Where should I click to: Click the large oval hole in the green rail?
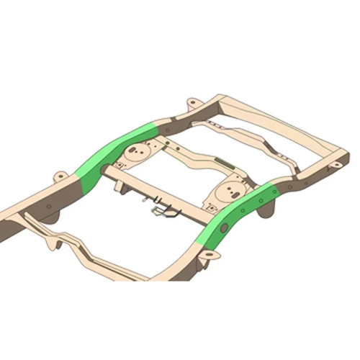(x=224, y=228)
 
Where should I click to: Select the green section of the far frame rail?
(x=115, y=154)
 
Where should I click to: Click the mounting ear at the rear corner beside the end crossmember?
(x=334, y=166)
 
